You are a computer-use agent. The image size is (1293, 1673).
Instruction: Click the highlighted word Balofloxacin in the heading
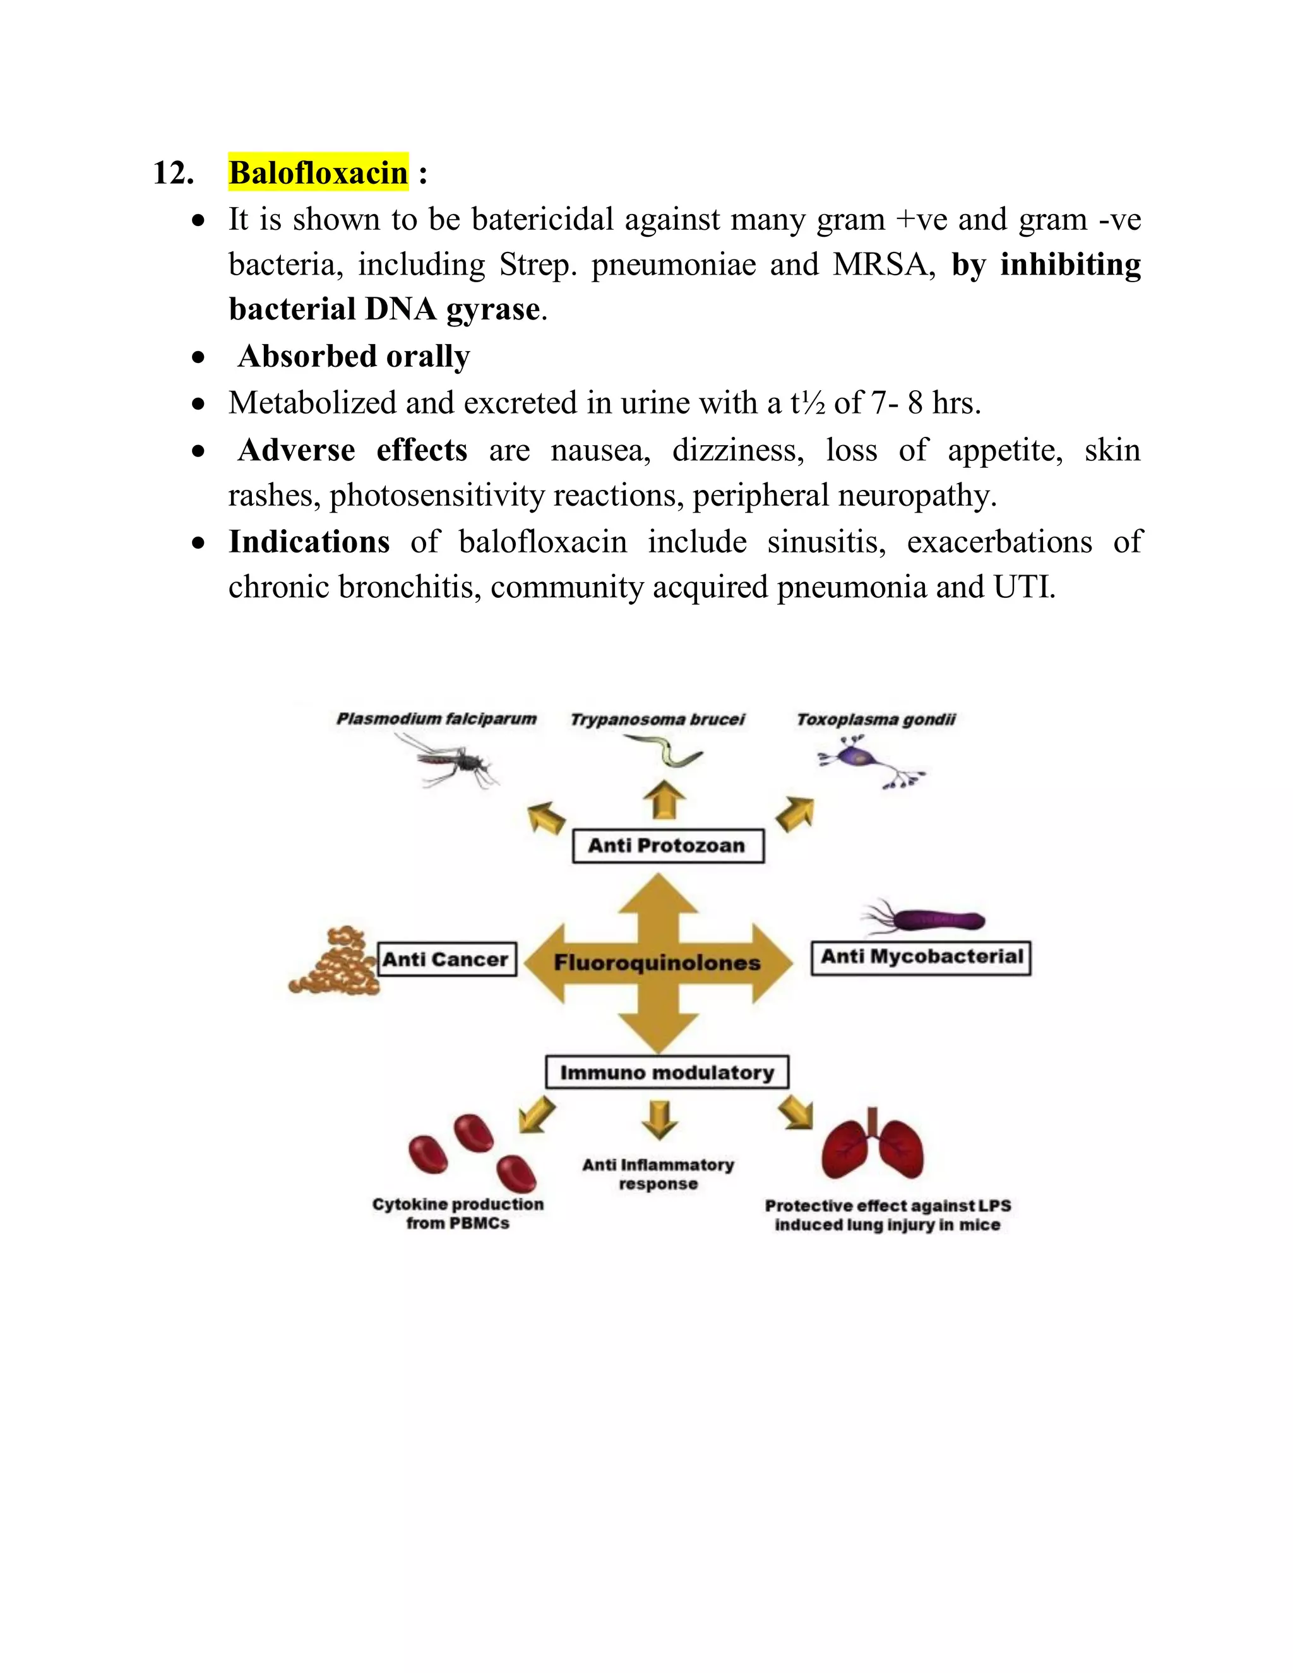click(x=318, y=172)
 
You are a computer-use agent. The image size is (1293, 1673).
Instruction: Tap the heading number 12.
click(x=173, y=173)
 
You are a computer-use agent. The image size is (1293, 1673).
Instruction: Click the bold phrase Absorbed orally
click(x=354, y=356)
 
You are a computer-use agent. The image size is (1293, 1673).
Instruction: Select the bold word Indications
click(x=309, y=542)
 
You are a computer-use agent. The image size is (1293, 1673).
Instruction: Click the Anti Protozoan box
click(x=668, y=846)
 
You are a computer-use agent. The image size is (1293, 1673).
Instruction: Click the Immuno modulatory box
click(x=667, y=1073)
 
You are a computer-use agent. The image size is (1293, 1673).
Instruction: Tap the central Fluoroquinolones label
click(x=657, y=963)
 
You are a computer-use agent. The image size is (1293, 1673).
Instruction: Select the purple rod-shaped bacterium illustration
click(x=931, y=919)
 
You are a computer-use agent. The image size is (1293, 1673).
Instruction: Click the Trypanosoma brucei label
click(x=657, y=719)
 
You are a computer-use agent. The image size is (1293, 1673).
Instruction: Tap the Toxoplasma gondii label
click(x=876, y=719)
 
